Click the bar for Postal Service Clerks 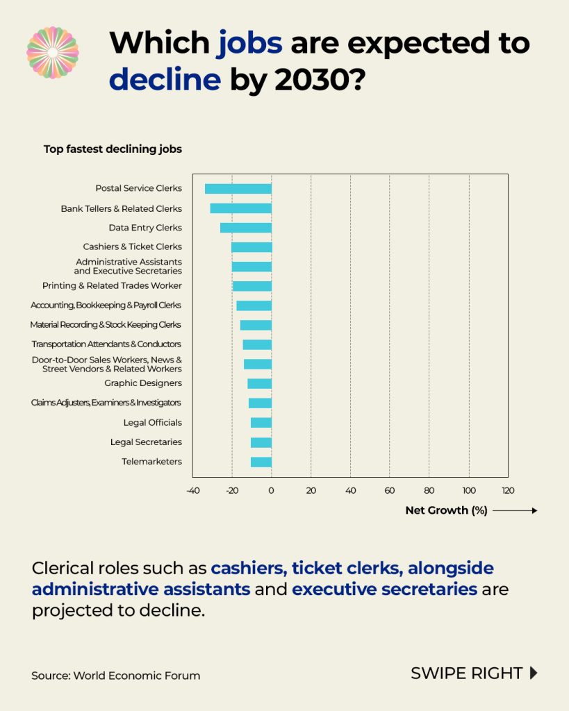[x=238, y=189]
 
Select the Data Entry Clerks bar [x=246, y=228]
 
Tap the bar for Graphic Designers [x=260, y=383]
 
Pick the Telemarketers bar [x=261, y=462]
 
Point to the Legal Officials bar [x=261, y=423]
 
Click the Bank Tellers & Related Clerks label [x=121, y=208]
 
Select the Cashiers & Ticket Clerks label [x=133, y=246]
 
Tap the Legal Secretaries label [x=146, y=442]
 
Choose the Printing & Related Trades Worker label [x=112, y=285]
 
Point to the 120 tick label [x=508, y=491]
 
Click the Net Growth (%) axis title [x=447, y=510]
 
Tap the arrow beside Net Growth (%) [x=515, y=510]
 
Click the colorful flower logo [x=53, y=53]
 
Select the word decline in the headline [x=165, y=79]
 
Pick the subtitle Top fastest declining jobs [x=113, y=149]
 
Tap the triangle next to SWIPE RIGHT [x=534, y=673]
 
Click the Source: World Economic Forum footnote [x=116, y=676]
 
